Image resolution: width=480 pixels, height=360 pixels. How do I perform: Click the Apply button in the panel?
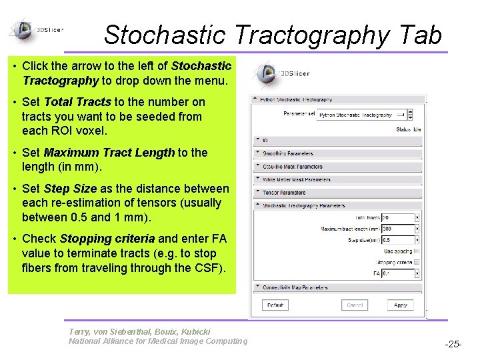400,305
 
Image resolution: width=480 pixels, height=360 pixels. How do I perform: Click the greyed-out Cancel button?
355,305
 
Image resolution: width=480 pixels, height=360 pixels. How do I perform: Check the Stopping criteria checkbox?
417,262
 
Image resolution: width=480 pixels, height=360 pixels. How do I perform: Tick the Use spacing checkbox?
417,251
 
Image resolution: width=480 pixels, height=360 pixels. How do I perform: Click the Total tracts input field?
398,217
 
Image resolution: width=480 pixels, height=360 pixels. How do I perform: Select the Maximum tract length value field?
398,229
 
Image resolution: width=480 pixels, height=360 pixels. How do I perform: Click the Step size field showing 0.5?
398,240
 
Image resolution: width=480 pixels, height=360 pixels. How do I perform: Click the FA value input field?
398,273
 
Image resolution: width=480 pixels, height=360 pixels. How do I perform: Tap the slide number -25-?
453,344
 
